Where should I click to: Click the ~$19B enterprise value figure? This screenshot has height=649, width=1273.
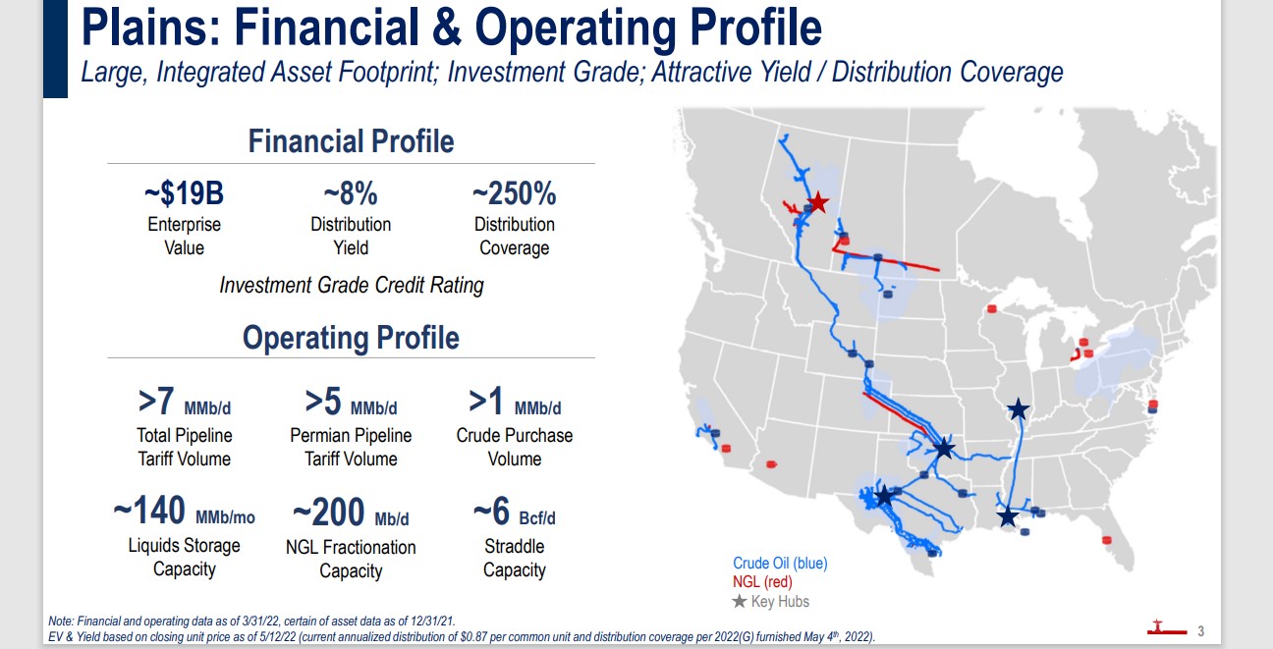[184, 193]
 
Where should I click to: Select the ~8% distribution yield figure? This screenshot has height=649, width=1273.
[351, 193]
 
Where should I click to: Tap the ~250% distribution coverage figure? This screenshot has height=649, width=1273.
[515, 193]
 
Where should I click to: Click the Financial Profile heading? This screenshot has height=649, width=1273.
[352, 141]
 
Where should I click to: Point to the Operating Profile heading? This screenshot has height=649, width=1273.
[352, 338]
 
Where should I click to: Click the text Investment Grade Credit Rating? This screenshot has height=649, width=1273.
[352, 286]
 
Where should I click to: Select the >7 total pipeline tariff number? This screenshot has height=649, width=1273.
[156, 402]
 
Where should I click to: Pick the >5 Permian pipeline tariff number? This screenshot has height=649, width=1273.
[323, 402]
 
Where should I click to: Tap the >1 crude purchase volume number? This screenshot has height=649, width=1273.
[486, 402]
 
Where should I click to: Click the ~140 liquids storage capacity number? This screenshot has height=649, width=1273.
[149, 511]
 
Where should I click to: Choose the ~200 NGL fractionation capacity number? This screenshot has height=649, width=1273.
[328, 512]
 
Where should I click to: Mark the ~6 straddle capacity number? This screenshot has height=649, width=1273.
[491, 511]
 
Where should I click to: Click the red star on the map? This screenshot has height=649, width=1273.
[818, 202]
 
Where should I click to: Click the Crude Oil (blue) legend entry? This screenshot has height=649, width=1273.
[780, 564]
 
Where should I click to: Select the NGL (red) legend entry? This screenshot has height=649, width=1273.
[762, 582]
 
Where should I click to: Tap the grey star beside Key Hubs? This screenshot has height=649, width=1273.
[739, 601]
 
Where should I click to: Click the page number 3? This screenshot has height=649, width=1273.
[1201, 631]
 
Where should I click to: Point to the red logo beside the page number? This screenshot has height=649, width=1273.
[1167, 628]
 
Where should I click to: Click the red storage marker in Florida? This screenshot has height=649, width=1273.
[1106, 540]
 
